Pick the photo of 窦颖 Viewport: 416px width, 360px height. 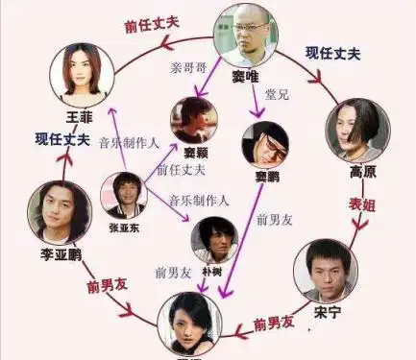coord(193,119)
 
